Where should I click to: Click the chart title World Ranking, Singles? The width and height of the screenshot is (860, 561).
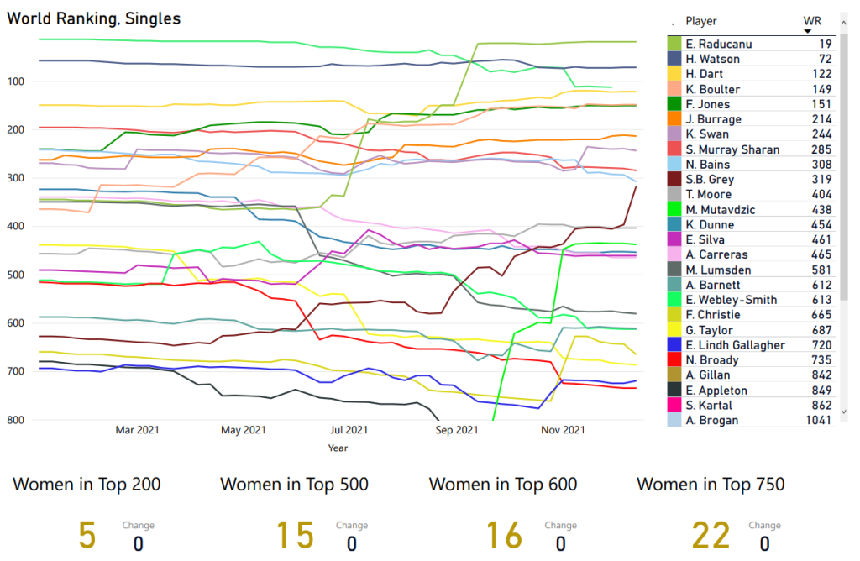94,18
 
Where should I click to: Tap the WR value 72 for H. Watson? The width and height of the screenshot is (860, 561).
825,60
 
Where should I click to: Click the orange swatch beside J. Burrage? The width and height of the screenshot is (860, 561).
674,119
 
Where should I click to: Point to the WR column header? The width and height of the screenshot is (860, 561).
811,21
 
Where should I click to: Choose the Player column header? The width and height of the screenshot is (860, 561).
701,21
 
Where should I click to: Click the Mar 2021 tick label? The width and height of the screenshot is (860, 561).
136,430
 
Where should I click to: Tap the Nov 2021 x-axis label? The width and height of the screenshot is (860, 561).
562,430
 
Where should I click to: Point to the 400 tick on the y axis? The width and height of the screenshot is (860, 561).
18,227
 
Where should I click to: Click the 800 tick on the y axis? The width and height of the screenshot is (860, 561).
18,420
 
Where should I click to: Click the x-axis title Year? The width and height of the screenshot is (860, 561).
338,448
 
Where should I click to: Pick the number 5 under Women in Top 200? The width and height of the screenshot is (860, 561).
87,535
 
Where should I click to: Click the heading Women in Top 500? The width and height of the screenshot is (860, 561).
294,485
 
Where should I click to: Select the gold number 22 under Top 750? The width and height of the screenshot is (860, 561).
711,535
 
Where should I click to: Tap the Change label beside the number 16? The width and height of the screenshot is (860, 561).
560,526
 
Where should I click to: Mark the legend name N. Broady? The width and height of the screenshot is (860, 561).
712,360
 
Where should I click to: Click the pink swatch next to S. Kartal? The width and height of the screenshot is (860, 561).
674,405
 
